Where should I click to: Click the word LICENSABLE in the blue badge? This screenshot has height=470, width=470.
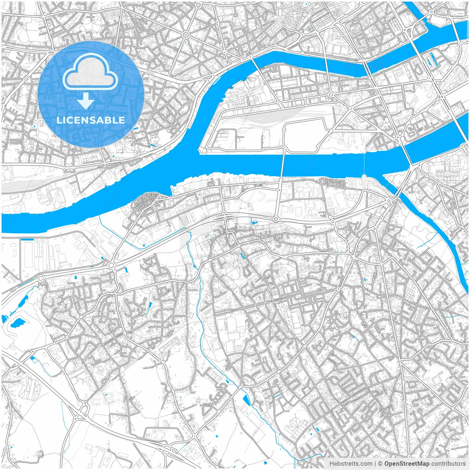click(91, 120)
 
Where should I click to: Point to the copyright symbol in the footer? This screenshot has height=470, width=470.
click(381, 464)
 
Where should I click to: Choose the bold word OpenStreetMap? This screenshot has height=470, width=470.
click(407, 464)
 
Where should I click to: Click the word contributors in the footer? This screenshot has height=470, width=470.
click(448, 464)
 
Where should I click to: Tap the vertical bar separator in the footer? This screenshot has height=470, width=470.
click(375, 464)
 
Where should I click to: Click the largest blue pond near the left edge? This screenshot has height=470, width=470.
click(18, 323)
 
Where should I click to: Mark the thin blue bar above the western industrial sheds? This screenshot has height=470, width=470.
click(28, 239)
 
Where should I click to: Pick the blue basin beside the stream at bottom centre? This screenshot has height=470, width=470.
click(246, 400)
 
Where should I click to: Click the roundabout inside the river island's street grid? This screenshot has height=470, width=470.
click(330, 94)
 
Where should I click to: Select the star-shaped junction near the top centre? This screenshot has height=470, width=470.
click(185, 35)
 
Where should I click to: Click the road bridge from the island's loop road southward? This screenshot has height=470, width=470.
click(282, 169)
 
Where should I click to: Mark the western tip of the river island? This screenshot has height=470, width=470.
click(200, 151)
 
